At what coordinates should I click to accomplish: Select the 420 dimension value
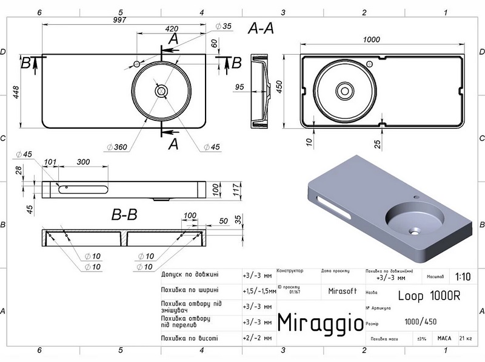(172, 29)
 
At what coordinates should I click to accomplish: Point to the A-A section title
(261, 29)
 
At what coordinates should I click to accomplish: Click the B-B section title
(125, 214)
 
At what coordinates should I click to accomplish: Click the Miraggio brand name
(320, 321)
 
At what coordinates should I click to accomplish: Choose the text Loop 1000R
(429, 296)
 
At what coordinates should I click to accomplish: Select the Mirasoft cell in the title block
(341, 290)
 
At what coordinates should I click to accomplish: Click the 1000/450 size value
(421, 321)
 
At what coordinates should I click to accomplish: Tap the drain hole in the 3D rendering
(416, 230)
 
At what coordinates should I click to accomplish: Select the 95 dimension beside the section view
(239, 87)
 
